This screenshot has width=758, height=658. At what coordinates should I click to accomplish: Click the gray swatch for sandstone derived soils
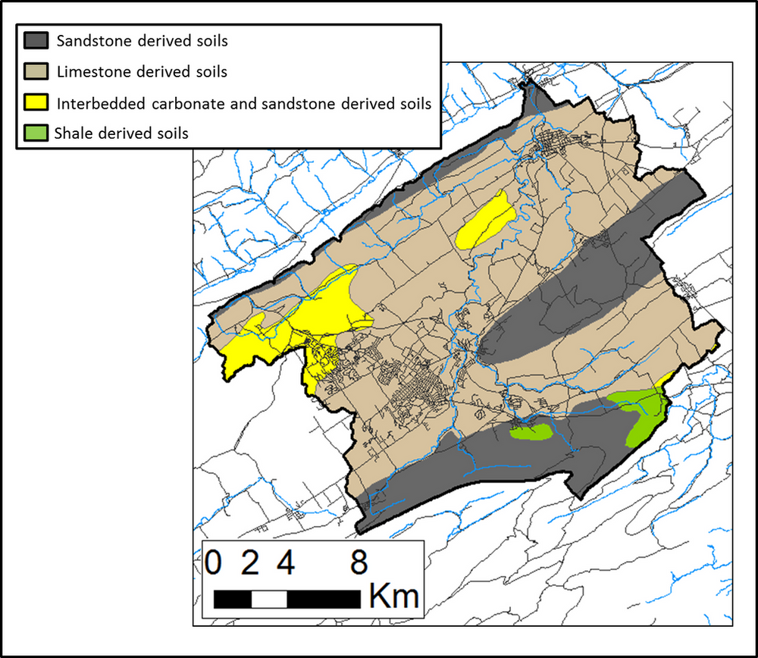click(36, 41)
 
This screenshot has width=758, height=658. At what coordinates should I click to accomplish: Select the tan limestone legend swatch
click(36, 72)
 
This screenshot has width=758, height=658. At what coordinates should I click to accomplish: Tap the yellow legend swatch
click(36, 102)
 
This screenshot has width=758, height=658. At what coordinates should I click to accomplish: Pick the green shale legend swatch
click(36, 133)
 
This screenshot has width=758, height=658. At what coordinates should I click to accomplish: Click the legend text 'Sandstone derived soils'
click(142, 41)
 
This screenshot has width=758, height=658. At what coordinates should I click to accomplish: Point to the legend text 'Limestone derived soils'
click(142, 72)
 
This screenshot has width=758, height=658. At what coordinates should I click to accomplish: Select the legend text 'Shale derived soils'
click(121, 133)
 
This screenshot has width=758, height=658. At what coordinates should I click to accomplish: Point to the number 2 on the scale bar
click(250, 564)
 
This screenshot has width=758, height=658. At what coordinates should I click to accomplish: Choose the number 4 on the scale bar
click(286, 564)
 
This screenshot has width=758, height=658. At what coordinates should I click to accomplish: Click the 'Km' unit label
click(393, 597)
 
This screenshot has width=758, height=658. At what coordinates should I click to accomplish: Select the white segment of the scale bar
click(268, 599)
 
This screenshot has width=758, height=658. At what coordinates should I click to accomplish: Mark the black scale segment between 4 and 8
click(323, 599)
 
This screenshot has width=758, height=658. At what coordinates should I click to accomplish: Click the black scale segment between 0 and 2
click(232, 599)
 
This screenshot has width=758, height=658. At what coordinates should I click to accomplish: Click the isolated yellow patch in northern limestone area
click(486, 220)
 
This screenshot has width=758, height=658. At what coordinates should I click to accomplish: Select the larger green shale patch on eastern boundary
click(644, 413)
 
